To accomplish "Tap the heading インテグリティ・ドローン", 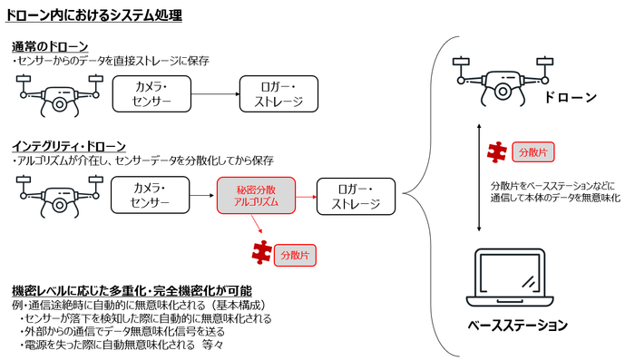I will point(69,145).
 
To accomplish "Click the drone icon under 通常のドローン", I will point(57,93).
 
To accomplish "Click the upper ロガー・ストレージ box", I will point(277,93).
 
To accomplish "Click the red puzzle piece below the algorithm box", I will point(263,251).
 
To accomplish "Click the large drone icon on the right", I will point(502,74).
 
